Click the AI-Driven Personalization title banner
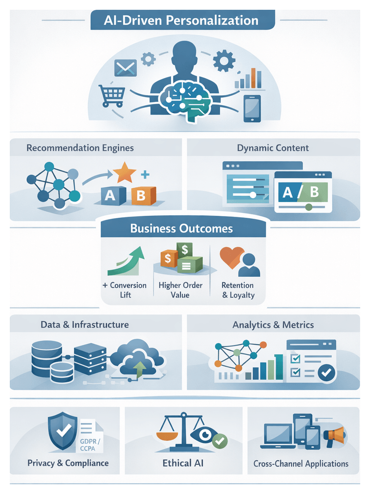182,21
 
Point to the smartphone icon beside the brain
252,108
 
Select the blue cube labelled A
110,195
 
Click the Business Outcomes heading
181,228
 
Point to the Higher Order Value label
180,290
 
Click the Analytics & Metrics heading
273,325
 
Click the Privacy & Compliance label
68,463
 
